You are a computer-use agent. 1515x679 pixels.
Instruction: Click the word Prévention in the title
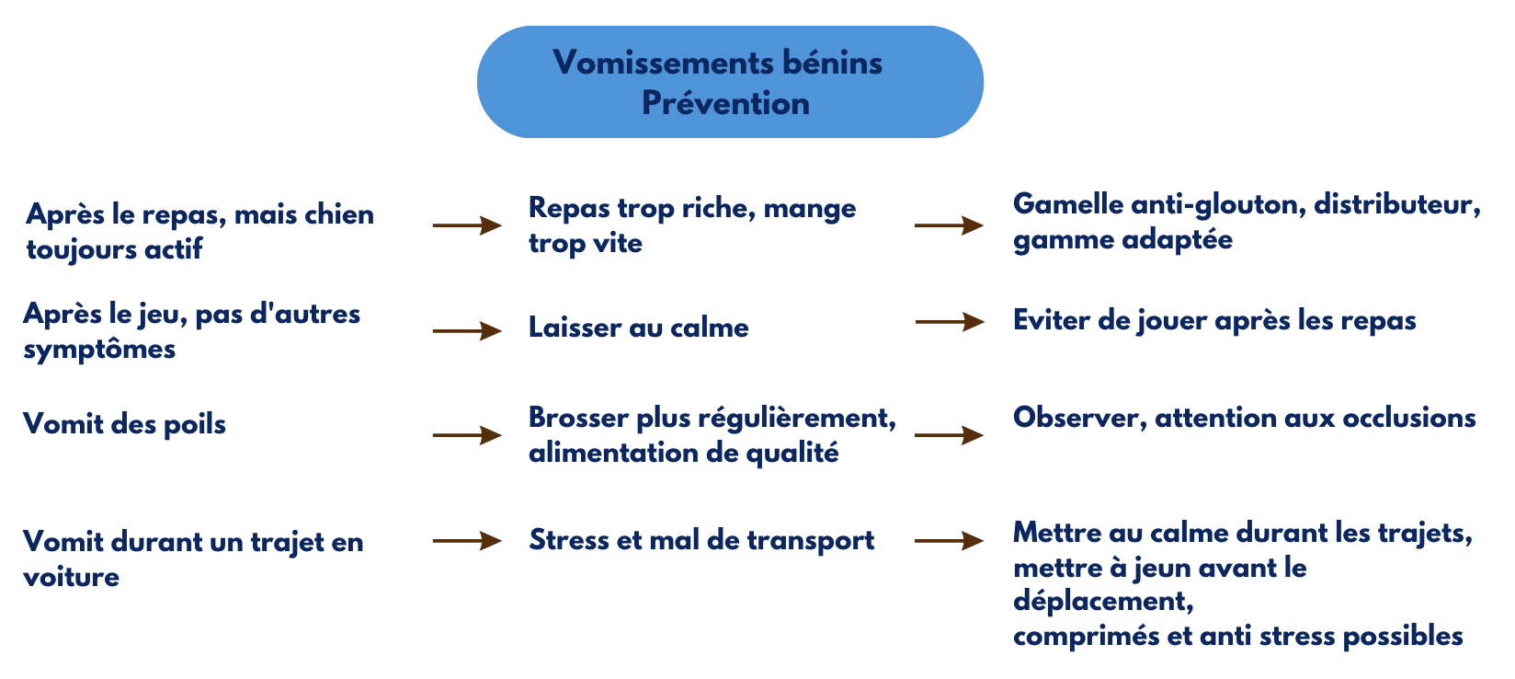[x=725, y=103]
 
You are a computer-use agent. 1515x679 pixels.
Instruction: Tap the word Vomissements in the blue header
[x=657, y=63]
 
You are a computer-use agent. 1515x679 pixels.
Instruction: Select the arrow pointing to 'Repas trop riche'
[x=467, y=225]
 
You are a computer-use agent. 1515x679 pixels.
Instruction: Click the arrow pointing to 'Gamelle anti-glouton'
[x=949, y=225]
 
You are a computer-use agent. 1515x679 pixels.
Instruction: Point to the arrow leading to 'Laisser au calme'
[x=467, y=331]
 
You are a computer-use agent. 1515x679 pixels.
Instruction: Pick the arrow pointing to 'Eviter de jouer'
[x=950, y=322]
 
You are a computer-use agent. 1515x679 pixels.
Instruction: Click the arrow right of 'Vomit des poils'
[x=467, y=435]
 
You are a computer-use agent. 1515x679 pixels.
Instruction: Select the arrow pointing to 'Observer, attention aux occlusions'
[x=949, y=435]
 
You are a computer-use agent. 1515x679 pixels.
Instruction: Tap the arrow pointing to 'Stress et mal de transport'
[x=467, y=541]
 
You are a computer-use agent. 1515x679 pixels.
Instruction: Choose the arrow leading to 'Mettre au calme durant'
[x=949, y=541]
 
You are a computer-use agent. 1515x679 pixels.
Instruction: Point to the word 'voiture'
[x=71, y=577]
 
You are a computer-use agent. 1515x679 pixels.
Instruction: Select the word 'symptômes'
[x=99, y=350]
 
